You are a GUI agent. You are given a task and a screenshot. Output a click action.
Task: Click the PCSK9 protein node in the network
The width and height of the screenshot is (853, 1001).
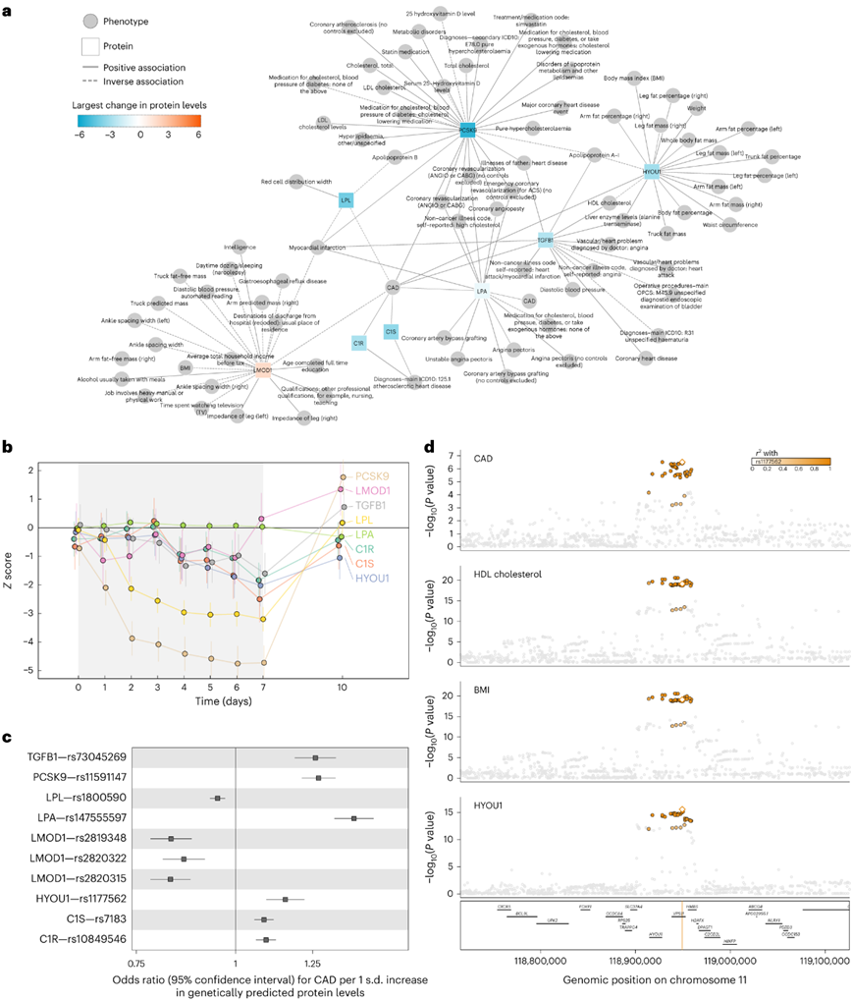point(468,129)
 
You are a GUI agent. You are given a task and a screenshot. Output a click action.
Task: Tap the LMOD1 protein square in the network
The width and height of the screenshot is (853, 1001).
point(262,370)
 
